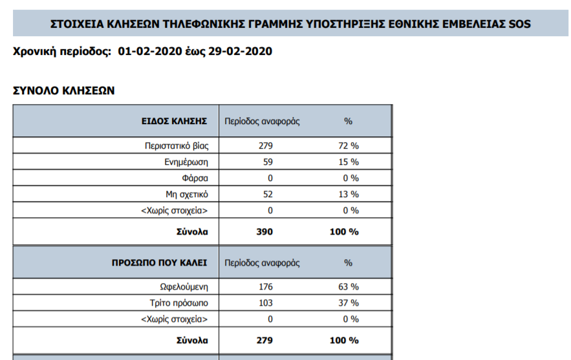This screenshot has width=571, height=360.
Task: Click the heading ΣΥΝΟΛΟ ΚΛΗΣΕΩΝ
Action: (64, 91)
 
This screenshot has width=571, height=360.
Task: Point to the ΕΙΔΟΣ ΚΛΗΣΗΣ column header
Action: (174, 121)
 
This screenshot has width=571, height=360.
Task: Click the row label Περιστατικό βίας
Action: (176, 145)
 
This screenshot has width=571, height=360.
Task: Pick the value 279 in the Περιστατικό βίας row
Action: (266, 145)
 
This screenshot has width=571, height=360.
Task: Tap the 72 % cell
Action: (349, 145)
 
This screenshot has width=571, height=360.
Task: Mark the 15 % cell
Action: (349, 162)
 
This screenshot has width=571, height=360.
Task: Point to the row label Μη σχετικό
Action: (186, 194)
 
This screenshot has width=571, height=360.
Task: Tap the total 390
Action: (265, 231)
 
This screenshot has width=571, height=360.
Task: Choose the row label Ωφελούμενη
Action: (184, 287)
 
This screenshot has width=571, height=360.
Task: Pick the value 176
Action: (266, 287)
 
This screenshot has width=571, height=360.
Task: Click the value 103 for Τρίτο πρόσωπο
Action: (266, 303)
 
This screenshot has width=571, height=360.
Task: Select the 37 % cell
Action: (349, 303)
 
